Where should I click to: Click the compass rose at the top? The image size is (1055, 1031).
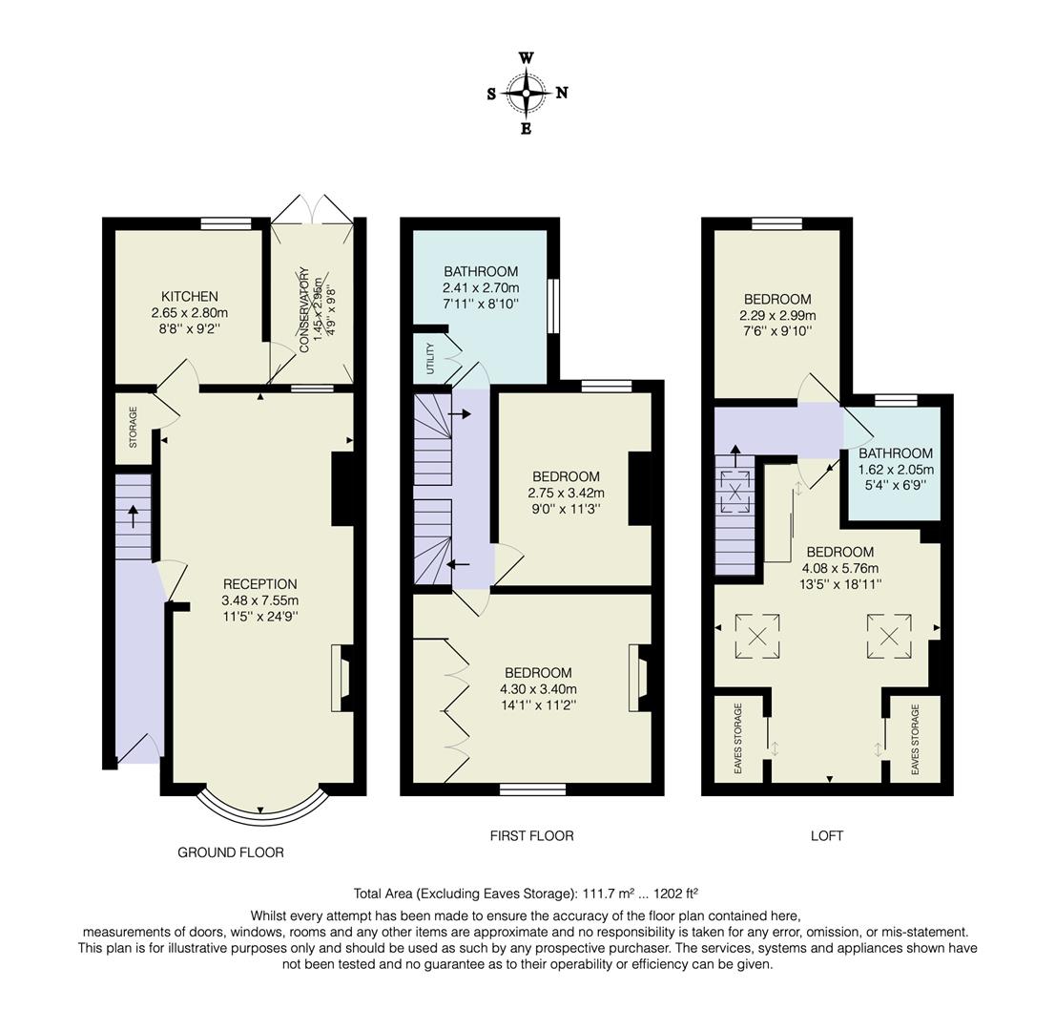coord(526,93)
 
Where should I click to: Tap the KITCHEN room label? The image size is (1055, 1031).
coord(189,297)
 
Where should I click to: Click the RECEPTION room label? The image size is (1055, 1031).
coord(259,584)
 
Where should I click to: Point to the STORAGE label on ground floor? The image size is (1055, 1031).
coord(134,427)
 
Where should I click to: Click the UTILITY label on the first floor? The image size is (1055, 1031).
coord(430,357)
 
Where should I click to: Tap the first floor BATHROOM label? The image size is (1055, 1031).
coord(481,271)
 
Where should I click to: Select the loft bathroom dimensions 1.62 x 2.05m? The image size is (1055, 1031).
coord(895,470)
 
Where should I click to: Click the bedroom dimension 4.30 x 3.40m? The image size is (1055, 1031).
coord(538,689)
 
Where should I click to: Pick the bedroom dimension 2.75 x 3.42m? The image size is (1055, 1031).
coord(566,493)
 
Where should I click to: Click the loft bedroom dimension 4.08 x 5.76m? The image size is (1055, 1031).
coord(839,568)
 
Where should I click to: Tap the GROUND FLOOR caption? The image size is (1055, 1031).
coord(231,852)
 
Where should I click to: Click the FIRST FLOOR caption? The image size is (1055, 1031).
coord(531,835)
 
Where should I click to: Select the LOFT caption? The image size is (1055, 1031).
coord(826,835)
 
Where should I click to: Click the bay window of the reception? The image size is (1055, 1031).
coord(259,810)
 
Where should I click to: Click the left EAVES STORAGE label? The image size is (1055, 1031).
coord(738,739)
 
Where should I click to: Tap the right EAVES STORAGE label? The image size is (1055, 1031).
coord(915,739)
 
